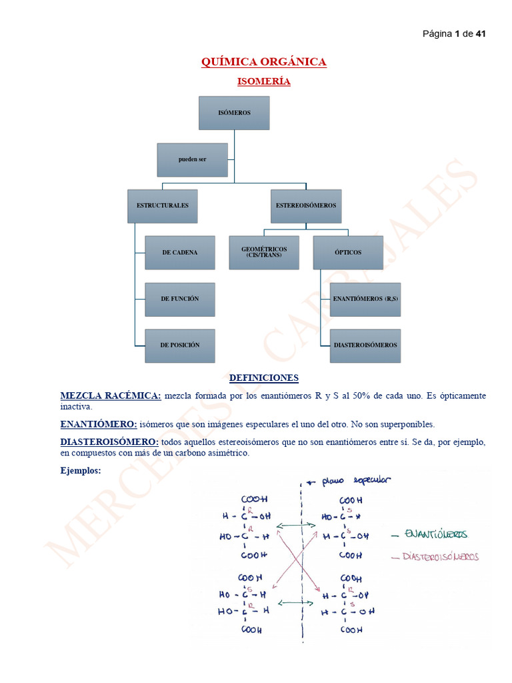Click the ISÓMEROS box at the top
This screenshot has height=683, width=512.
[x=234, y=113]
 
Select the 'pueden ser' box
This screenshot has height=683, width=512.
[x=192, y=160]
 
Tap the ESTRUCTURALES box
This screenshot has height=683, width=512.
[x=163, y=205]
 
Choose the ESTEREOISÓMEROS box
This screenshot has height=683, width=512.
[x=306, y=205]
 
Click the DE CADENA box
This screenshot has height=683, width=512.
[x=180, y=252]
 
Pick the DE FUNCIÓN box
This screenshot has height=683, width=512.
[x=180, y=299]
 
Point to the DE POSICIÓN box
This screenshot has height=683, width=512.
[x=180, y=346]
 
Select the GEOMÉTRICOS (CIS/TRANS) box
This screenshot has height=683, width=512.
[x=264, y=252]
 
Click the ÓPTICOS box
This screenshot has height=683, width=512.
[x=348, y=252]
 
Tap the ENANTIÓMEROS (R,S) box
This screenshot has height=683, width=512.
[x=365, y=299]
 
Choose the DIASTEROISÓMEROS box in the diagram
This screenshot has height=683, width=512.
[x=365, y=346]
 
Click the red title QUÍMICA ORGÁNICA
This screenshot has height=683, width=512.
[x=264, y=62]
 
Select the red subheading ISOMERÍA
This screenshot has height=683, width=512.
[x=264, y=81]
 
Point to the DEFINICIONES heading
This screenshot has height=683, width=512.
[x=264, y=378]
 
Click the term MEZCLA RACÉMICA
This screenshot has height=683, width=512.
[x=111, y=396]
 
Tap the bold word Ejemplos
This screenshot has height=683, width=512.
[x=81, y=470]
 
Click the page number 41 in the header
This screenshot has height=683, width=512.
[x=480, y=34]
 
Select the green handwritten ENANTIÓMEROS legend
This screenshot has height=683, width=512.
[x=437, y=535]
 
